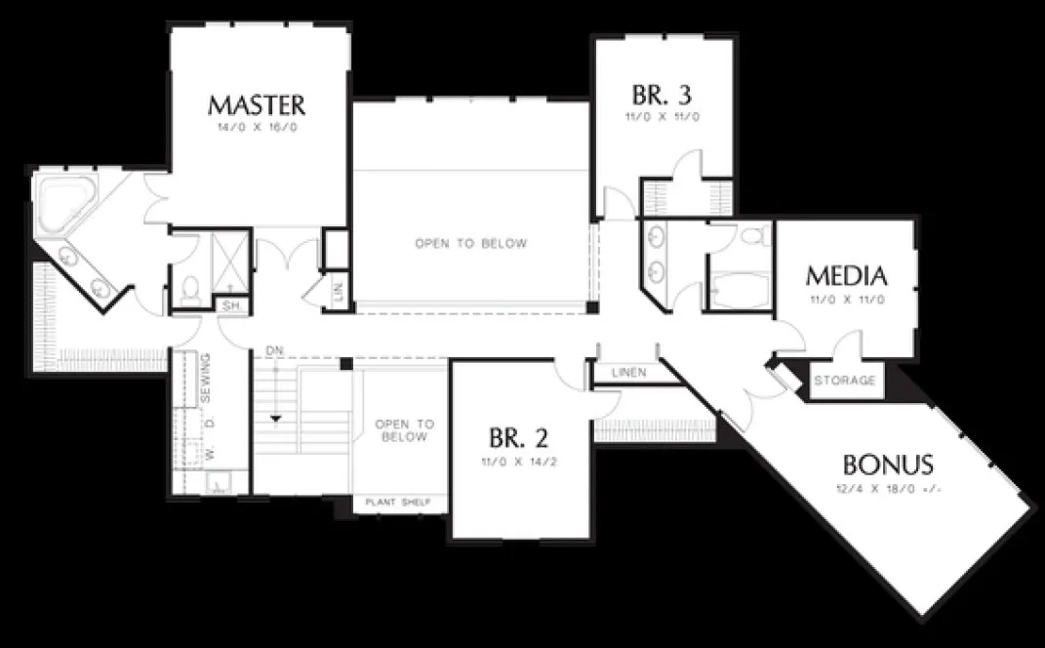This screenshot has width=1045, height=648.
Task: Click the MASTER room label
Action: tap(257, 104)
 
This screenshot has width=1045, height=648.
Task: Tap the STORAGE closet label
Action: tap(844, 381)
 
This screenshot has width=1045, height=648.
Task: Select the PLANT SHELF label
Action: tap(400, 503)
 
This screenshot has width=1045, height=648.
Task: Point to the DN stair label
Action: tap(273, 350)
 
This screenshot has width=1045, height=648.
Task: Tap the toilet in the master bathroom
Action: tap(191, 289)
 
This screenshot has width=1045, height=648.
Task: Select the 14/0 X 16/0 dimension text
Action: tap(257, 127)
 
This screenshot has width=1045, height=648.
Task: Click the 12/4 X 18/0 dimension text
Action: tap(888, 488)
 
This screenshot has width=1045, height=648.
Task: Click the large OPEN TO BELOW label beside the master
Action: tap(470, 243)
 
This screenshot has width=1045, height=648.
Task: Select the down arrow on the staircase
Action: tap(277, 419)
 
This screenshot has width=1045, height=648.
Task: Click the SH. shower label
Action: tap(232, 305)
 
